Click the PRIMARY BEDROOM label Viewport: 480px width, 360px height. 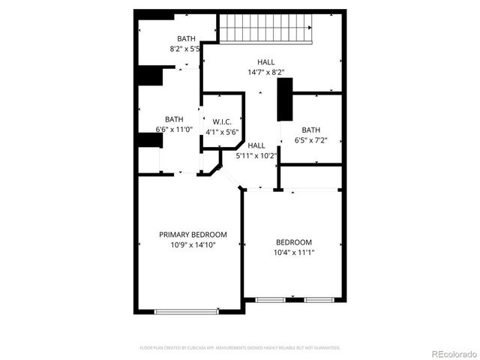click(193, 235)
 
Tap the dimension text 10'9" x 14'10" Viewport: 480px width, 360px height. click(193, 244)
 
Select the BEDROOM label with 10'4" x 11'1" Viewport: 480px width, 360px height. click(294, 242)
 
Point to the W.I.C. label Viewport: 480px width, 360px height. click(221, 122)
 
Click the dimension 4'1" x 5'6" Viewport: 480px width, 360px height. click(221, 131)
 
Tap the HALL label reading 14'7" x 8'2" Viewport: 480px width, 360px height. click(265, 62)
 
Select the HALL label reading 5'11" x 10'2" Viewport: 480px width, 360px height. click(256, 145)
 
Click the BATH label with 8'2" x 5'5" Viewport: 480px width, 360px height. click(185, 39)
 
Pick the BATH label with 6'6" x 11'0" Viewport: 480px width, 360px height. click(174, 119)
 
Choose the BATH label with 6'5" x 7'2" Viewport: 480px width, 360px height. click(311, 130)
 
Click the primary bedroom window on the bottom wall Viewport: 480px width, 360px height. click(186, 310)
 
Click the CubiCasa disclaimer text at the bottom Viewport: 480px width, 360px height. click(240, 348)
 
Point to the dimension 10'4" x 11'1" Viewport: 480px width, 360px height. click(294, 252)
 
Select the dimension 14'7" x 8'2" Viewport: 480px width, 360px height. click(265, 72)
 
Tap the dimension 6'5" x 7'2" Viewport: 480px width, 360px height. click(311, 139)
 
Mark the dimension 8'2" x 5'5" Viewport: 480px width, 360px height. click(185, 49)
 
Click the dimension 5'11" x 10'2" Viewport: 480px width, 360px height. click(256, 156)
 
